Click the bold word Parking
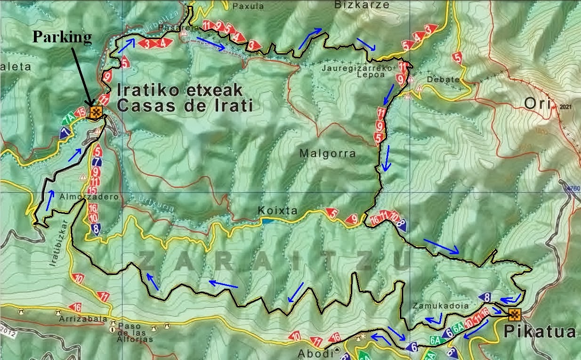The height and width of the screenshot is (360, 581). tap(62, 38)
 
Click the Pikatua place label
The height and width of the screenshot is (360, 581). tap(540, 332)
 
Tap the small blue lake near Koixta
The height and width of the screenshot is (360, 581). tap(267, 221)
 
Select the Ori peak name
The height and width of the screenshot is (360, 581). tap(537, 104)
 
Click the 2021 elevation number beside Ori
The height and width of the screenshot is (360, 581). tap(565, 107)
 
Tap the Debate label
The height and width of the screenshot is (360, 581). tap(443, 80)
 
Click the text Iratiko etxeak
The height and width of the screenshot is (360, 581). tap(179, 89)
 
